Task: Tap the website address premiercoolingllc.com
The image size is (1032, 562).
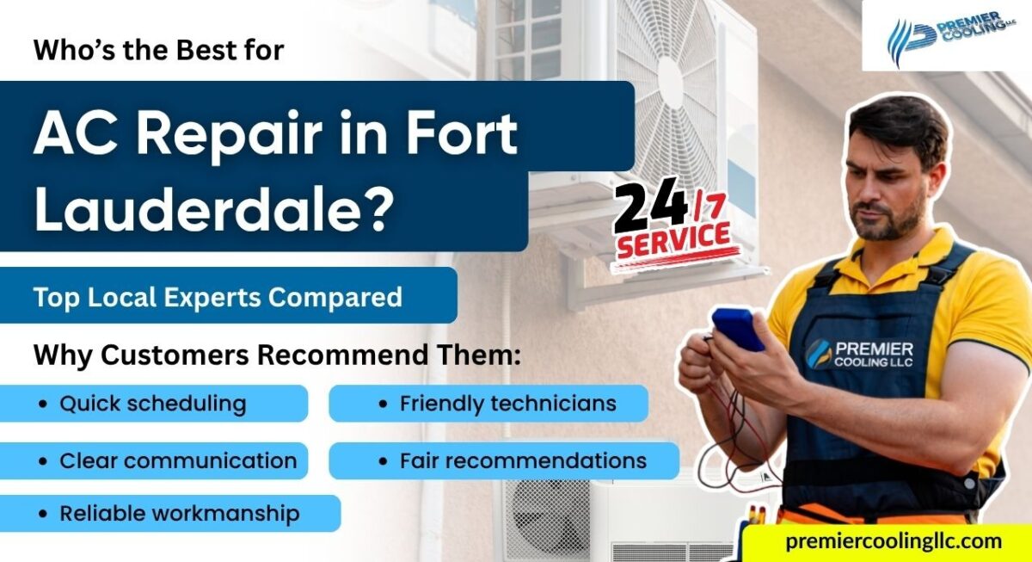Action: [892, 541]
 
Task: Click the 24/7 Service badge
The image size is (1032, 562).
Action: [673, 226]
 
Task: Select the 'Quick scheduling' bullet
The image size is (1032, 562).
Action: [152, 403]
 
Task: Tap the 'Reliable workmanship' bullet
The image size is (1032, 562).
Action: [179, 514]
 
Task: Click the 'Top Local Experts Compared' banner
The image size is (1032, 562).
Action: [218, 297]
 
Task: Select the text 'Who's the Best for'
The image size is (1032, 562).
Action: [158, 50]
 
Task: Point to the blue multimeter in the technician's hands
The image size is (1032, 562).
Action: [736, 328]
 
